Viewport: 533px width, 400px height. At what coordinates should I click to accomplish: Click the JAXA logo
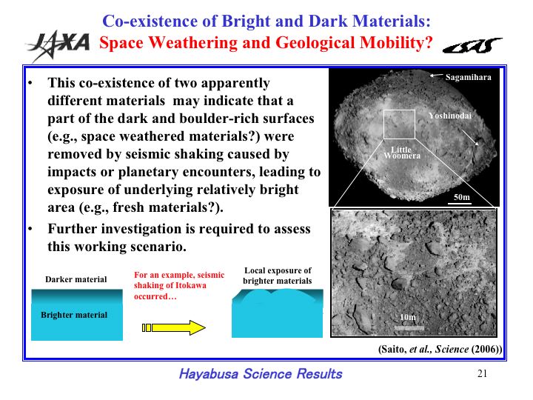coord(58,46)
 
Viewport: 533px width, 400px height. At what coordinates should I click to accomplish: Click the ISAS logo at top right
coord(472,46)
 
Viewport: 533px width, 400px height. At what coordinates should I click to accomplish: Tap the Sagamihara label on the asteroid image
coord(468,77)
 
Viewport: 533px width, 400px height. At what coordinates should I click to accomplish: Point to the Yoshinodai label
coord(450,116)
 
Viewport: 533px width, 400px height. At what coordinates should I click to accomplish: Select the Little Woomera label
coord(402,153)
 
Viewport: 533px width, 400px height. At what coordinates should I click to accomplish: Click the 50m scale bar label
coord(462,197)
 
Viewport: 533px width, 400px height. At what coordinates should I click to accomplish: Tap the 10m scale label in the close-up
coord(408,317)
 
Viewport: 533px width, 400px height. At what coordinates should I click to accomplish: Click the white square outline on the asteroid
coord(383,124)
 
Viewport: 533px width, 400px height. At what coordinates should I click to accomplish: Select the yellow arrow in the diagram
coord(174,327)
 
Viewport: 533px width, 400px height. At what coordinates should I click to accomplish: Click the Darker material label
coord(76,279)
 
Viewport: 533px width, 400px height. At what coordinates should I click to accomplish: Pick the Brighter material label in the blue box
coord(74,315)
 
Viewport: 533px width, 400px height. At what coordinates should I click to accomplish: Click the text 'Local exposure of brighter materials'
coord(278,276)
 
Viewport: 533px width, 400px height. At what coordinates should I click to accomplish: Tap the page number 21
coord(483,373)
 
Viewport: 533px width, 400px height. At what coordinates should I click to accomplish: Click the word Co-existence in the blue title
coord(150,21)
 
